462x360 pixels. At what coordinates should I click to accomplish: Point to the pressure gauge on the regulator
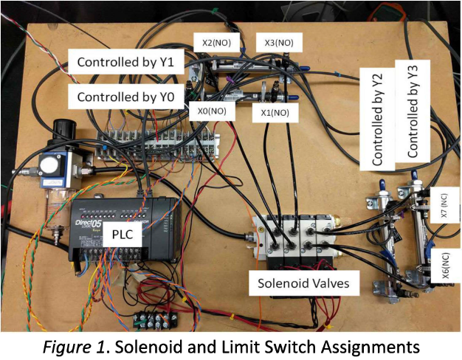(52, 166)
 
